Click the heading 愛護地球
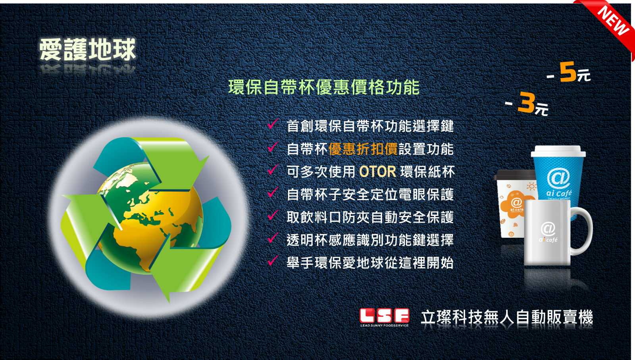point(88,50)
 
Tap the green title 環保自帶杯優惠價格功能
point(324,87)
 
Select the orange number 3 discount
point(526,102)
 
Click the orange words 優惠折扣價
point(363,149)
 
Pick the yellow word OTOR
point(377,172)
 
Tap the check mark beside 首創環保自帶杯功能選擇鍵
point(273,124)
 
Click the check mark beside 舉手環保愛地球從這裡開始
point(273,260)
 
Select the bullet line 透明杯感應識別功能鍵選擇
point(370,240)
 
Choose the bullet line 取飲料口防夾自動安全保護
point(370,218)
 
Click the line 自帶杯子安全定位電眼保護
point(370,195)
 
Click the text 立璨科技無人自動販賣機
point(507,317)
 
